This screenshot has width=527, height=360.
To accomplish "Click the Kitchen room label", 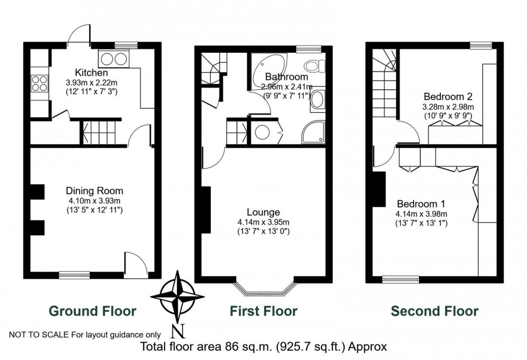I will [91, 73].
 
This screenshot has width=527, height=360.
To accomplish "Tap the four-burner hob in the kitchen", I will [39, 82].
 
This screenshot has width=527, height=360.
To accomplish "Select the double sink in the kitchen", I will [113, 59].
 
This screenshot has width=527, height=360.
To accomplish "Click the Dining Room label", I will [94, 191].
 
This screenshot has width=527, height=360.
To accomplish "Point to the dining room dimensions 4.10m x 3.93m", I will [94, 200].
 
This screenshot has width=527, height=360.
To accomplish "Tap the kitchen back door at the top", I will [81, 35].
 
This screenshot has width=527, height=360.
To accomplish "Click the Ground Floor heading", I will [92, 311].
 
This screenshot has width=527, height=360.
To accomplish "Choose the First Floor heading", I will [263, 311].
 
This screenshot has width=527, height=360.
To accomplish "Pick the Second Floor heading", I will [434, 311].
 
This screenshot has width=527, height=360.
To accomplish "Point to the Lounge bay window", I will [264, 288].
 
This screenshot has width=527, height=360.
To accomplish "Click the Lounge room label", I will [263, 212].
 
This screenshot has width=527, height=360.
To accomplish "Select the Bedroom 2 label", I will [447, 97].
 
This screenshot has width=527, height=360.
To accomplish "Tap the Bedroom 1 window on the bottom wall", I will [401, 278].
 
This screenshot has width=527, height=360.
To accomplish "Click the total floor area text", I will [263, 347].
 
